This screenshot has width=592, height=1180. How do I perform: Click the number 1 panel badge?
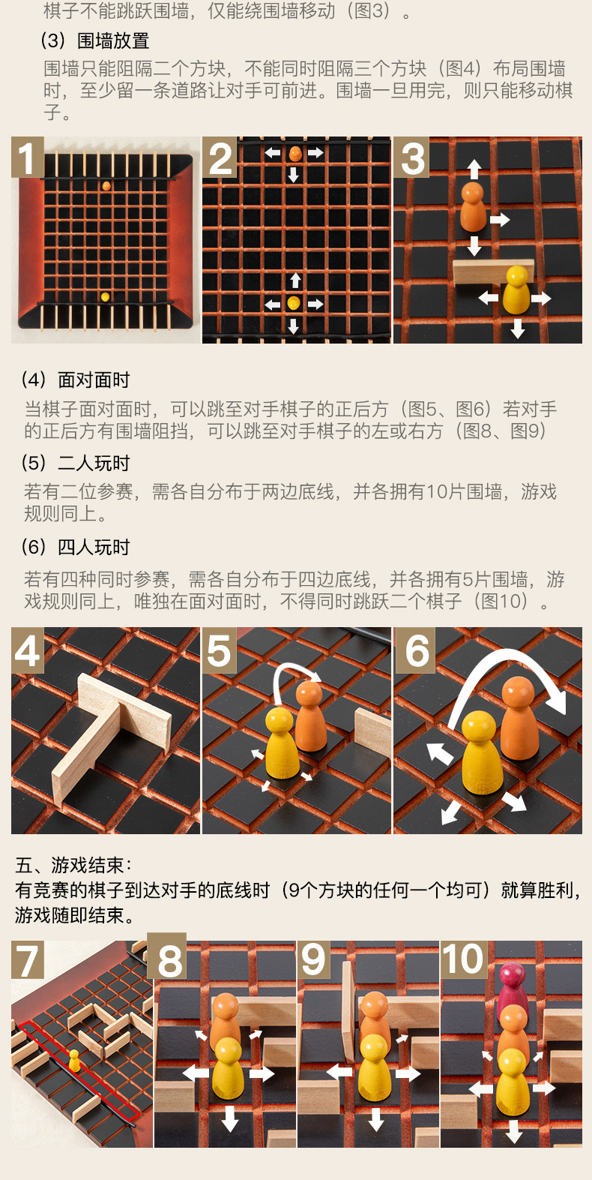[x=28, y=157]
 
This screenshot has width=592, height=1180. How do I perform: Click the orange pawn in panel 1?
[x=106, y=185]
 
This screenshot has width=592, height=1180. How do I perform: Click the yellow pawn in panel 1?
[x=105, y=296]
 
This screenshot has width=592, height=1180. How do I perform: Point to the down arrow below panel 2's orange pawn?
[x=294, y=174]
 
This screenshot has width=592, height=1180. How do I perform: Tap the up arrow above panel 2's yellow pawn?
[x=295, y=281]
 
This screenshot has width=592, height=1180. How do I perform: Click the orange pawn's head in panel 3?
[x=473, y=192]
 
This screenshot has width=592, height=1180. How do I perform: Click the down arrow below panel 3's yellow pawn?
[x=518, y=329]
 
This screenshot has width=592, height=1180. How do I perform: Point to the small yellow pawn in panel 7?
[x=74, y=1061]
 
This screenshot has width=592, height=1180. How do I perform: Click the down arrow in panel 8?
[x=229, y=1118]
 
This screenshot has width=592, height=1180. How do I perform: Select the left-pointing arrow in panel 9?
[x=339, y=1071]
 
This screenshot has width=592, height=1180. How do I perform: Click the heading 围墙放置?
[x=113, y=41]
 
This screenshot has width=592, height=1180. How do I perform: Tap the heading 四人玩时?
[x=94, y=548]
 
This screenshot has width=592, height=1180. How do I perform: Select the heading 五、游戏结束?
[x=73, y=865]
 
